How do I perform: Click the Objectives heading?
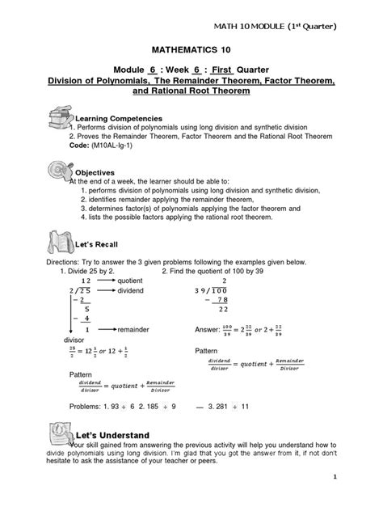pos(99,172)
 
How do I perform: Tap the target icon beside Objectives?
pos(58,168)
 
